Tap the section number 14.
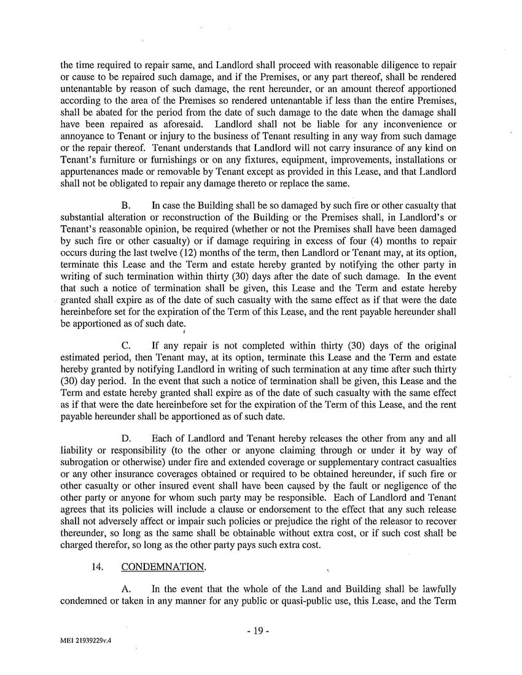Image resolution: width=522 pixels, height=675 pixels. (x=96, y=567)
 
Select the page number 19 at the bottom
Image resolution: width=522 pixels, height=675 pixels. (x=261, y=630)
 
